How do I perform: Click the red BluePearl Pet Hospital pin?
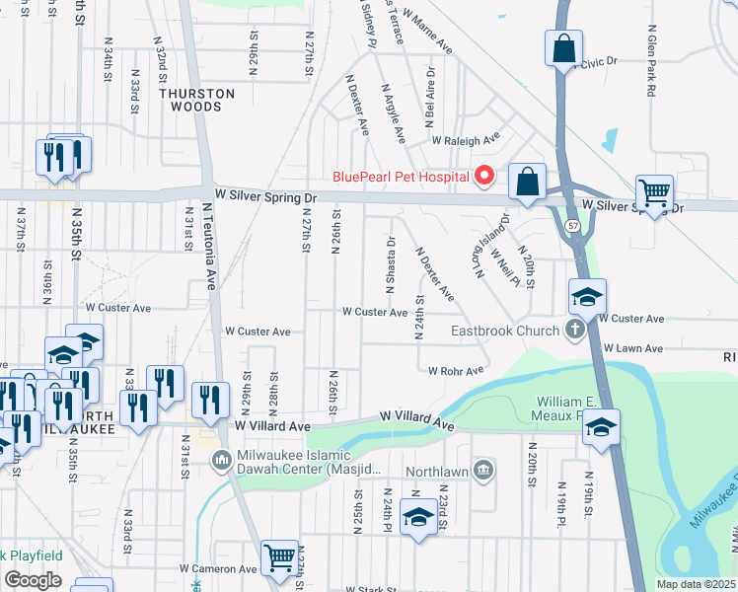tap(483, 177)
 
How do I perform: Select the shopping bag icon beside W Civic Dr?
tap(563, 48)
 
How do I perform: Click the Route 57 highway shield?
tap(573, 226)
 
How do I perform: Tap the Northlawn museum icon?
tap(482, 468)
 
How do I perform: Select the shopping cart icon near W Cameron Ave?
tap(280, 558)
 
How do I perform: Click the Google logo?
tap(33, 580)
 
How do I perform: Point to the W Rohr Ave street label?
tap(456, 371)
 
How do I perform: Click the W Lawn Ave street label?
tap(633, 348)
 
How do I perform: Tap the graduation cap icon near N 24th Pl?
tap(419, 519)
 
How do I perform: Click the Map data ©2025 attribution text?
tap(697, 584)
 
